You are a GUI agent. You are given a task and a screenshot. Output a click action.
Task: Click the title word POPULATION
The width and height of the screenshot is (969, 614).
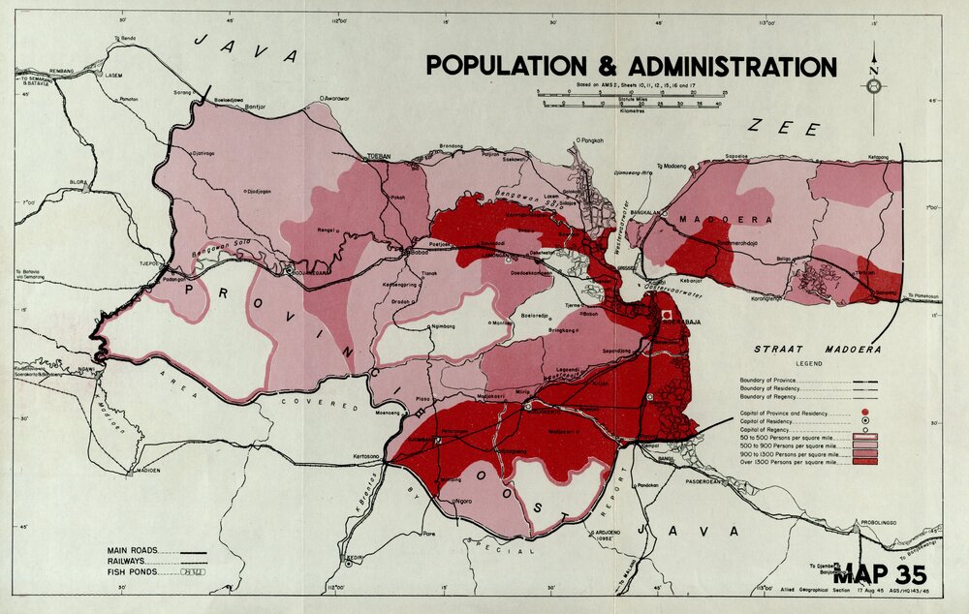click(505, 67)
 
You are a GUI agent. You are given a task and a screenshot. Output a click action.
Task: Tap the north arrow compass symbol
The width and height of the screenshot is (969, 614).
click(874, 85)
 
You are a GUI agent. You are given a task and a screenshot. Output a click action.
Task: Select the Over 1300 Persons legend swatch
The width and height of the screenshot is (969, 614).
click(864, 461)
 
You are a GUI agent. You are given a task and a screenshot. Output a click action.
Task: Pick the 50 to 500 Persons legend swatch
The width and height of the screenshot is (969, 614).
click(864, 437)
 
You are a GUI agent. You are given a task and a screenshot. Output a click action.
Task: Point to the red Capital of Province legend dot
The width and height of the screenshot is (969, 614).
click(864, 413)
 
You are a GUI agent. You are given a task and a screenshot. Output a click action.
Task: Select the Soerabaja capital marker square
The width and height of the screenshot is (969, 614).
click(667, 316)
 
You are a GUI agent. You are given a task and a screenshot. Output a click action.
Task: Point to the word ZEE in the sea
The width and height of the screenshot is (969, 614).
click(784, 128)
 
